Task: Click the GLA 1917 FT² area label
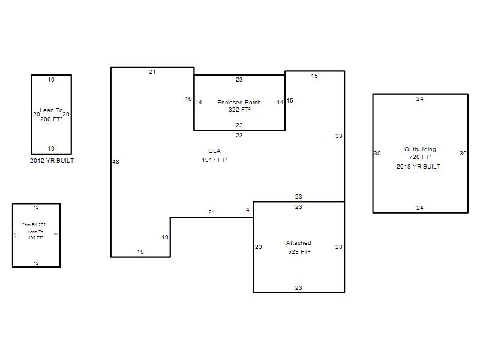click(x=214, y=155)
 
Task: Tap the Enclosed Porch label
click(x=239, y=102)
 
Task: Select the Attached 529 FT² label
click(x=298, y=247)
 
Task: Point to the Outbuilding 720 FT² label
click(x=420, y=153)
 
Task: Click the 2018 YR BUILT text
click(x=418, y=167)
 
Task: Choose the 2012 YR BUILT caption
click(x=52, y=160)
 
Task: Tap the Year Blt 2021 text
click(x=35, y=224)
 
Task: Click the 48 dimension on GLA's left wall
click(x=116, y=161)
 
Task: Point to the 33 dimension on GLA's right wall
click(x=338, y=136)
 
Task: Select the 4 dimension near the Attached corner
click(x=248, y=209)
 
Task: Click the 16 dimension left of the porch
click(x=188, y=98)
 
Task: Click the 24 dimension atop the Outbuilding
click(x=419, y=98)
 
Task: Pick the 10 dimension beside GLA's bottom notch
click(x=165, y=237)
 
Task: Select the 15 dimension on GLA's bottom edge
click(x=140, y=251)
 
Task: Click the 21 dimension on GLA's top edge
click(x=152, y=71)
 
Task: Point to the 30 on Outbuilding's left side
click(x=377, y=154)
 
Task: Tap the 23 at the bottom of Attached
click(x=298, y=287)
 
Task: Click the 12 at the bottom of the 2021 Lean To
click(x=36, y=263)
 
